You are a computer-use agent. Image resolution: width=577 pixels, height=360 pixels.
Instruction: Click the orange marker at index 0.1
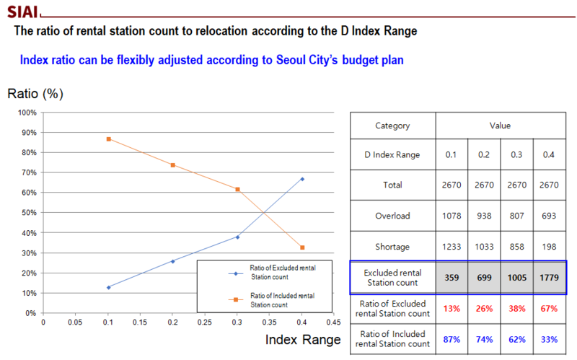108,139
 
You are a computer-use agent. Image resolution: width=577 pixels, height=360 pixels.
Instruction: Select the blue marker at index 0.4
302,179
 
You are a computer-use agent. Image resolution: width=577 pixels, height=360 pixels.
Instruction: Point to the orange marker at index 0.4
302,247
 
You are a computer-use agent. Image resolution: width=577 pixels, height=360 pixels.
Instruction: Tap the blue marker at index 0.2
173,261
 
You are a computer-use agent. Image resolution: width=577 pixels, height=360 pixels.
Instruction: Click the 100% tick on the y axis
27,113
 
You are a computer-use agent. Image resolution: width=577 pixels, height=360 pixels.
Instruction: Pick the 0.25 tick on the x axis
205,322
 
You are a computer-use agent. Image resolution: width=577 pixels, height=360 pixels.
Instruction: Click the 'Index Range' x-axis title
302,338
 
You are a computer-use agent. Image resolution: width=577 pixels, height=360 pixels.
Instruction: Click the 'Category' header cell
392,126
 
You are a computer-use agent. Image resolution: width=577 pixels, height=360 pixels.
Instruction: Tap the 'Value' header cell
500,126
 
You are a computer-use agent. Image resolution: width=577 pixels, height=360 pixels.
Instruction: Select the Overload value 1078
452,216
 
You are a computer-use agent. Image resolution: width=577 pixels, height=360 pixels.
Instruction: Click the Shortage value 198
549,247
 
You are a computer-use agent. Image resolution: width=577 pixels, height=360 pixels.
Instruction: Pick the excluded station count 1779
549,278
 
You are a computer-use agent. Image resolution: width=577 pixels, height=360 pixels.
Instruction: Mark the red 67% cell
549,309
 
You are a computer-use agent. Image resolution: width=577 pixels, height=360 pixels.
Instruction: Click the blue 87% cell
452,339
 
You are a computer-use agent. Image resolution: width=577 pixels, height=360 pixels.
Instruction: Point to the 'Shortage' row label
392,247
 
